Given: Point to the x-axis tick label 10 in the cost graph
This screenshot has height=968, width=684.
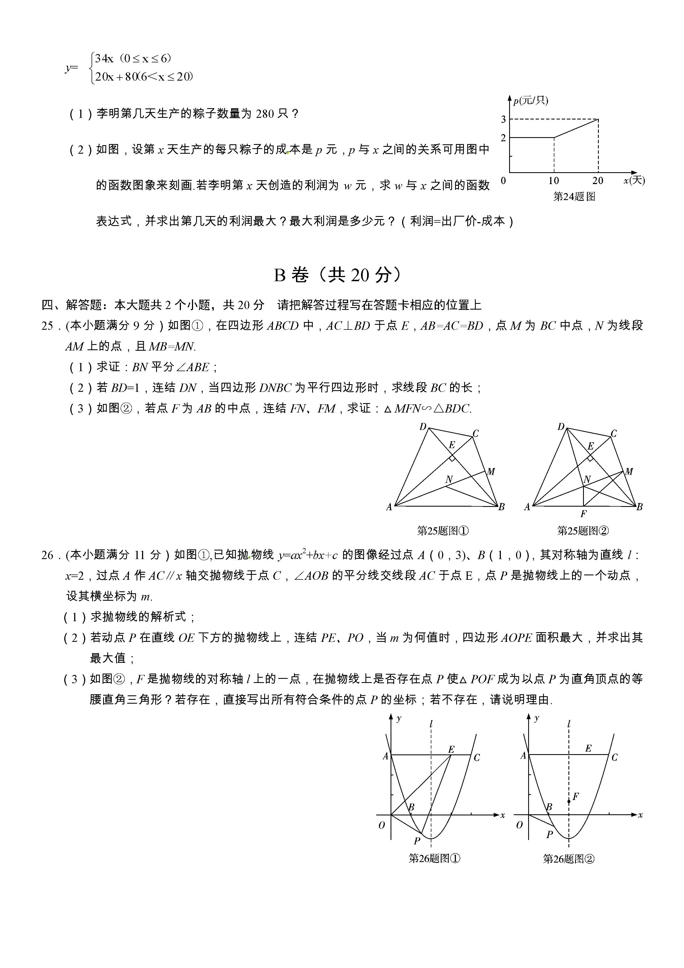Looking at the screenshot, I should [x=553, y=181].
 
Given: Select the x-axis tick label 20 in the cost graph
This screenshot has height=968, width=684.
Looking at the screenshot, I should [x=598, y=181].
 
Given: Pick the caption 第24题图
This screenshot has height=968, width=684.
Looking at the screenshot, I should [x=574, y=196].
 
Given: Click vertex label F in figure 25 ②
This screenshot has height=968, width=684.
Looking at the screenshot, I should [x=583, y=514].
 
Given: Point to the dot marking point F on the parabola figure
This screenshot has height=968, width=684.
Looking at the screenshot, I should [x=569, y=801].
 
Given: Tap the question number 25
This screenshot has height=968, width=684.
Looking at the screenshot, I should [x=47, y=326].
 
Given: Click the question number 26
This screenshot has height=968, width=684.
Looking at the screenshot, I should [x=47, y=555].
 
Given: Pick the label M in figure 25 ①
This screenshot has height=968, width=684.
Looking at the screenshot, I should [x=491, y=471].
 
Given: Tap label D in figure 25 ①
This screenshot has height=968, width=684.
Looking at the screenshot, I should [x=423, y=427].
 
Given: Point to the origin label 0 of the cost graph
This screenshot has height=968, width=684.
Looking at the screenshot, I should [x=503, y=181].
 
